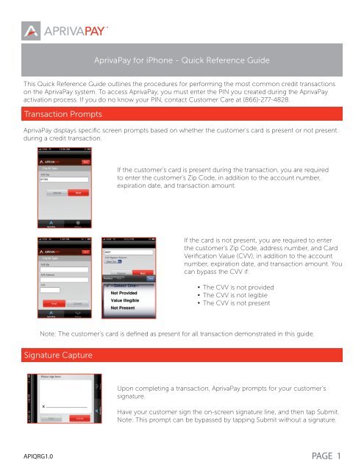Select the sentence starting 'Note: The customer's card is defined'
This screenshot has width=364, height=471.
tap(181, 333)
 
